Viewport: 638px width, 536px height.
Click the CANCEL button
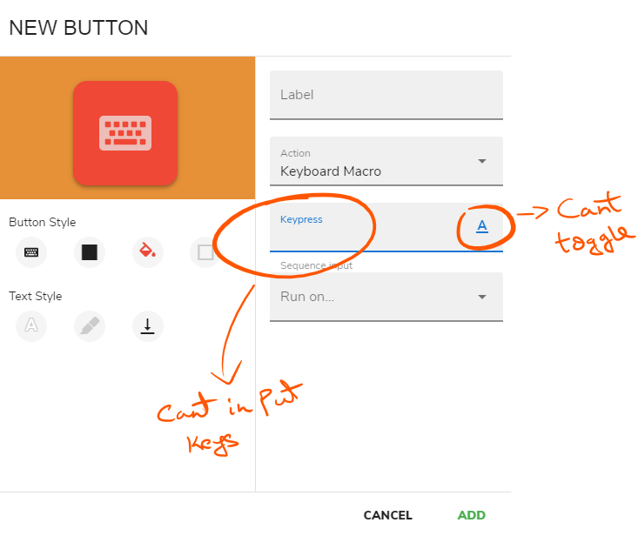(x=387, y=515)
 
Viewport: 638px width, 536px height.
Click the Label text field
(x=386, y=95)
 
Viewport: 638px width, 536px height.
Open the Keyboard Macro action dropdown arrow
(x=482, y=162)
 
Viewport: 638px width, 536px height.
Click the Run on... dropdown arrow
(x=482, y=297)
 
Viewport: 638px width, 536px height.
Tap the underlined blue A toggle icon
(x=482, y=226)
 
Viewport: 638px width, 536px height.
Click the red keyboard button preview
(x=125, y=132)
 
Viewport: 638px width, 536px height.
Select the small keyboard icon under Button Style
(x=31, y=252)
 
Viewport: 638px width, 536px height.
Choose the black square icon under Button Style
(x=89, y=252)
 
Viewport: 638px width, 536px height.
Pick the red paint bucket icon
(x=147, y=252)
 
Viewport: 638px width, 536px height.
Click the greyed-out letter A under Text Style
(x=31, y=325)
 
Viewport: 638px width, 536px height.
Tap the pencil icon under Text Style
(x=89, y=325)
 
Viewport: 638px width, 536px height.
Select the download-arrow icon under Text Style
(x=147, y=325)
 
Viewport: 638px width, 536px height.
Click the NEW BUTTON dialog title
(x=78, y=28)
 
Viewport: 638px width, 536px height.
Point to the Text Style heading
(x=36, y=296)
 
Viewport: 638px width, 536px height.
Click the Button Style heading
(x=42, y=222)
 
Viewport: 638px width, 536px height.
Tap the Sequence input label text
(x=316, y=265)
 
